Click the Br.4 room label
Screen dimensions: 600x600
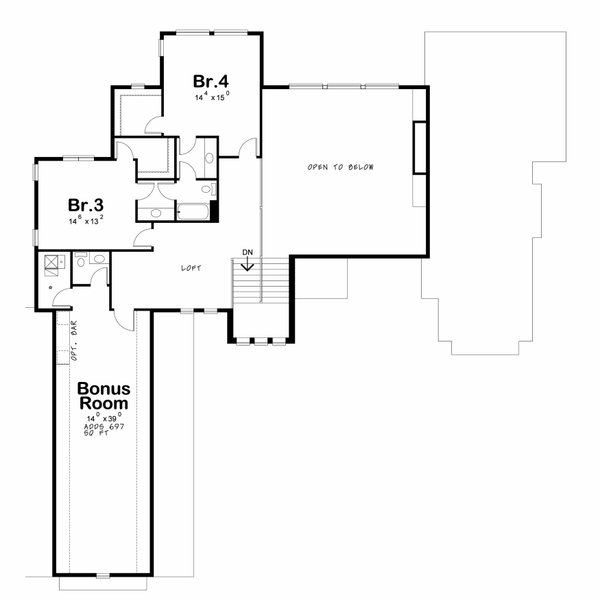[x=211, y=79]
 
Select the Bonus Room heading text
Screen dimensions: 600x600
[x=104, y=396]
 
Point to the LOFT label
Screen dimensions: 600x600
[x=191, y=268]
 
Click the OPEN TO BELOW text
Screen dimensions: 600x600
[x=341, y=167]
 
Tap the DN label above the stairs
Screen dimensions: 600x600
[x=247, y=251]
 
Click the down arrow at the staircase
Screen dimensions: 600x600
[x=247, y=264]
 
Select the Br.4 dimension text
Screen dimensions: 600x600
[x=211, y=96]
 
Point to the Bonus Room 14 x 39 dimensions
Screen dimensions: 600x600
[x=104, y=416]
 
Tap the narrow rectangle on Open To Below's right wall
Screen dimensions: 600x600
[x=420, y=148]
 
